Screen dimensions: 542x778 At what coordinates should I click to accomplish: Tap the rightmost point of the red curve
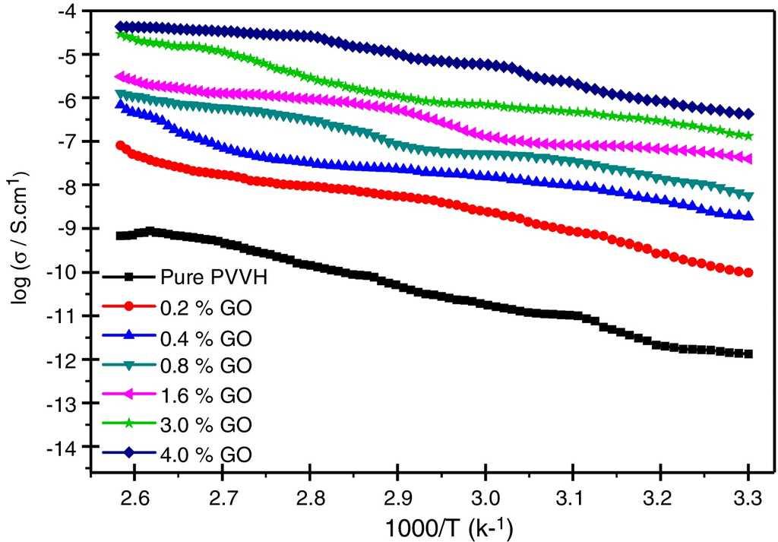748,273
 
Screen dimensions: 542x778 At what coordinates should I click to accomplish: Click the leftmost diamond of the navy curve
119,27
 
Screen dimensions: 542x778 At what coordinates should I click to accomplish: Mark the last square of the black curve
748,353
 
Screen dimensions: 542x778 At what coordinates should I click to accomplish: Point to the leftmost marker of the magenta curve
119,77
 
